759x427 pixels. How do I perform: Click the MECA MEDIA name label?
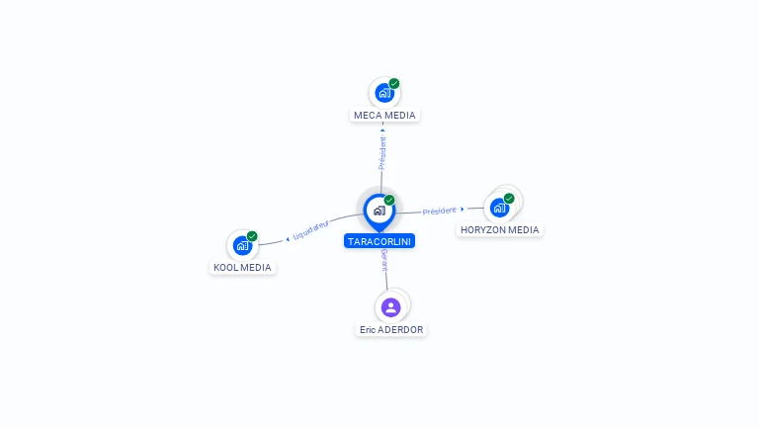tap(384, 115)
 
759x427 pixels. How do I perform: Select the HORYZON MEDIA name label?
tap(500, 230)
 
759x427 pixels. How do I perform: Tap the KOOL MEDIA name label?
tap(242, 267)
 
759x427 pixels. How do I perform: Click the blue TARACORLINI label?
tap(379, 241)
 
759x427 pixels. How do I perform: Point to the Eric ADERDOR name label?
tap(391, 329)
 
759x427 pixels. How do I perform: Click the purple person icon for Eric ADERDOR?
tap(391, 306)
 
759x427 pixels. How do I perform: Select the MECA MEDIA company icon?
tap(383, 93)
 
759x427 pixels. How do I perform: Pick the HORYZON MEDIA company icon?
tap(499, 208)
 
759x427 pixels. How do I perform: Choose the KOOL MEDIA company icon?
tap(242, 245)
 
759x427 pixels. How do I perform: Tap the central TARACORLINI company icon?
tap(379, 210)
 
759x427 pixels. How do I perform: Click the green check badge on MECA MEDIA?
tap(394, 83)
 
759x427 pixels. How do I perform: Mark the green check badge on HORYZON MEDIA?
tap(509, 198)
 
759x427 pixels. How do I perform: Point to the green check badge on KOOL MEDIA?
tap(252, 236)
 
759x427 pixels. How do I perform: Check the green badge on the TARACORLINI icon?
tap(389, 200)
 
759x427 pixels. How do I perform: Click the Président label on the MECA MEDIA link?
tap(382, 152)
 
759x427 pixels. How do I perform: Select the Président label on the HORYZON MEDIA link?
tap(440, 211)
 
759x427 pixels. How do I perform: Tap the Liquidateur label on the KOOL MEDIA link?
tap(310, 230)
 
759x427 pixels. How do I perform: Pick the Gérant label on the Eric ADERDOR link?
tap(384, 262)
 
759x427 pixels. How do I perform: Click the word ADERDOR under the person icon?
tap(401, 329)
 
